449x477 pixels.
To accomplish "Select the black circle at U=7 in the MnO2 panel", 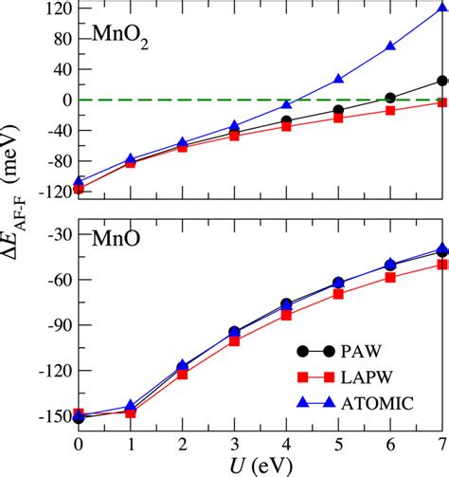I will (x=442, y=81).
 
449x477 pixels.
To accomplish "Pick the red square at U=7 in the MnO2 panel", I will (x=442, y=101).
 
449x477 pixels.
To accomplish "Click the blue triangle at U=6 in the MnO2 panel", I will (x=390, y=46).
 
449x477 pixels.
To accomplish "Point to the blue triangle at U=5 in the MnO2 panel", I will (x=338, y=79).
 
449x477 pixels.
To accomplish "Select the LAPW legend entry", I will (x=370, y=377).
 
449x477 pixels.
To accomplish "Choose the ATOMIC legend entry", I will (x=377, y=403).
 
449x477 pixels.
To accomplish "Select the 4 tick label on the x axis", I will (x=286, y=441).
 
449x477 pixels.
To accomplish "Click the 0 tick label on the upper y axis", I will (x=63, y=100).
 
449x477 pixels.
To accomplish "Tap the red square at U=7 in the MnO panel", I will (x=442, y=265).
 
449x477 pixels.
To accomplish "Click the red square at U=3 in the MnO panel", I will (x=234, y=340).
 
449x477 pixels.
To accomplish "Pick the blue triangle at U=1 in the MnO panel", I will (x=131, y=405).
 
